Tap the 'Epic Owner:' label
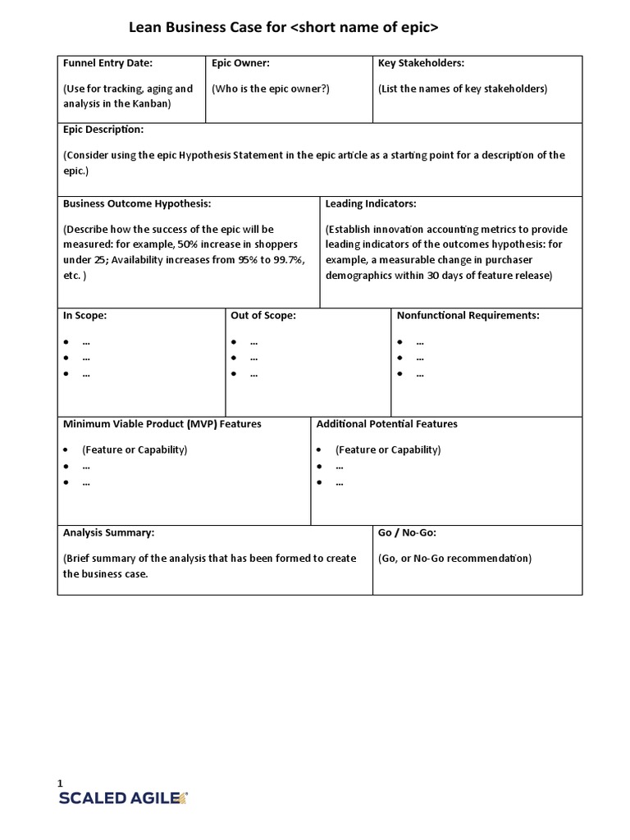point(240,63)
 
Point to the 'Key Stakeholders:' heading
point(422,63)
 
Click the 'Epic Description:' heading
point(103,130)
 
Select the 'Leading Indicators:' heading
point(371,203)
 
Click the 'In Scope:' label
point(85,315)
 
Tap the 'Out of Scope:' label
point(263,315)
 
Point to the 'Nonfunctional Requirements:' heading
point(468,315)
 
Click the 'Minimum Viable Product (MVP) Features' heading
point(162,424)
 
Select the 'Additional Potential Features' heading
point(387,424)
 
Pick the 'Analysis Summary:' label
point(109,532)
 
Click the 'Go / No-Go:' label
point(407,532)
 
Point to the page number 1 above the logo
point(60,783)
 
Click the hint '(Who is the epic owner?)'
point(271,89)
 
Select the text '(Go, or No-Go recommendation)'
point(454,559)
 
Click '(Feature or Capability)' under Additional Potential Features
point(388,450)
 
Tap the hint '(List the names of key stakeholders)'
point(463,89)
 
